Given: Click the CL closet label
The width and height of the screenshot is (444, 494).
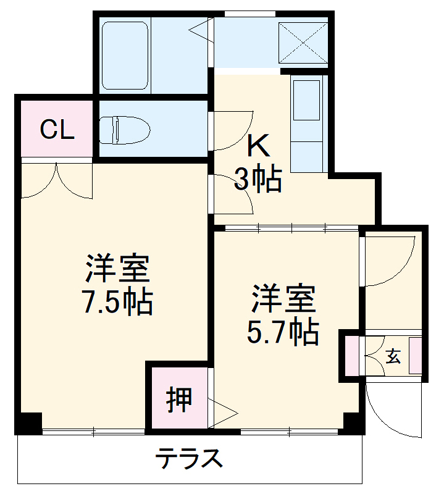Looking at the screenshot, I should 57,130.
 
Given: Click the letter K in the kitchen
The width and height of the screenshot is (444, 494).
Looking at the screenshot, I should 259,146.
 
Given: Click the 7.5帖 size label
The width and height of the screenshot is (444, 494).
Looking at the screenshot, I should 117,302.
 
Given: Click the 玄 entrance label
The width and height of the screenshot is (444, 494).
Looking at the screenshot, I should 393,356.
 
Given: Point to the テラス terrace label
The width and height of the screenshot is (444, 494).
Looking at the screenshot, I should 189,459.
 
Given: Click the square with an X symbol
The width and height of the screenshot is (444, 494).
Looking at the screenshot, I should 303,41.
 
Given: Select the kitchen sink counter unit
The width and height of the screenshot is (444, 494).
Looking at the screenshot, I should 306,124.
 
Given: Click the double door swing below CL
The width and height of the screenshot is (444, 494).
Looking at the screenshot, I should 56,180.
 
